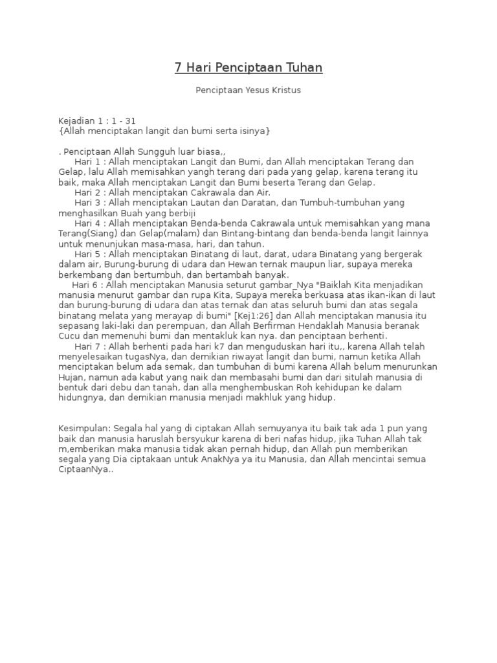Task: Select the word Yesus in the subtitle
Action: click(x=258, y=91)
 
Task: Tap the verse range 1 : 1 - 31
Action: click(x=122, y=121)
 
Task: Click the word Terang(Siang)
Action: click(x=89, y=233)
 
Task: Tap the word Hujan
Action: click(x=71, y=377)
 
